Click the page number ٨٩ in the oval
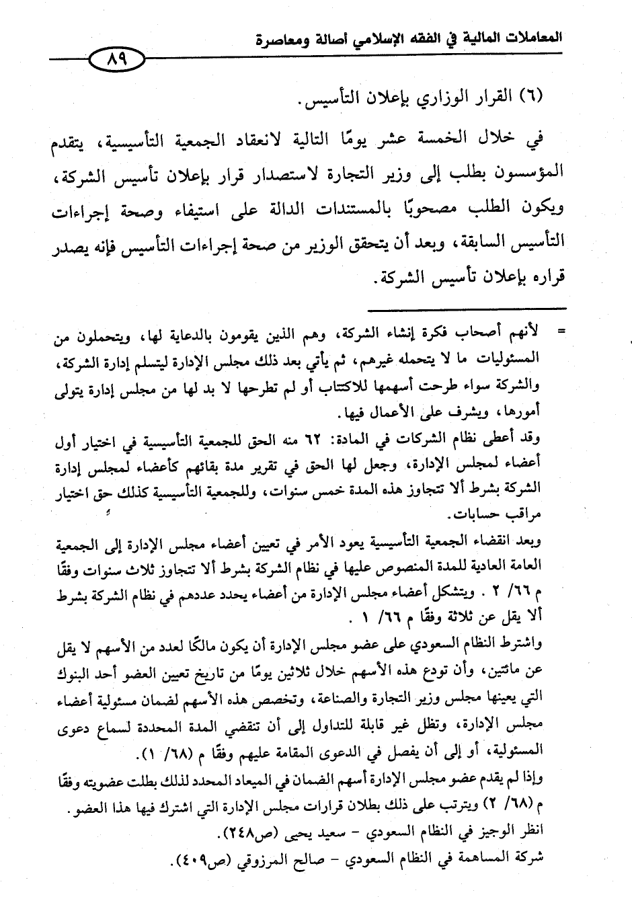tap(116, 61)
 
